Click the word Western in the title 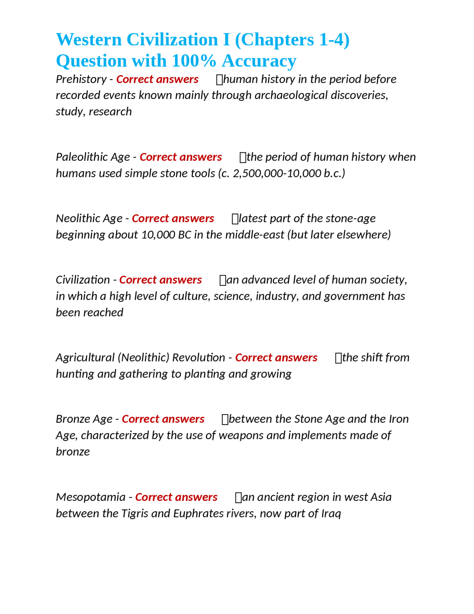click(89, 40)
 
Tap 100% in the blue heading click(194, 61)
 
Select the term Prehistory click(81, 79)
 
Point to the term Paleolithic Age click(93, 157)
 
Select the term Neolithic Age click(89, 218)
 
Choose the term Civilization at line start click(83, 280)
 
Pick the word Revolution click(198, 358)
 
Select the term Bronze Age click(84, 419)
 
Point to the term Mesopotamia click(90, 497)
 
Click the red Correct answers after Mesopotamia click(176, 497)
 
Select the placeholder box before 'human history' click(219, 80)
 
